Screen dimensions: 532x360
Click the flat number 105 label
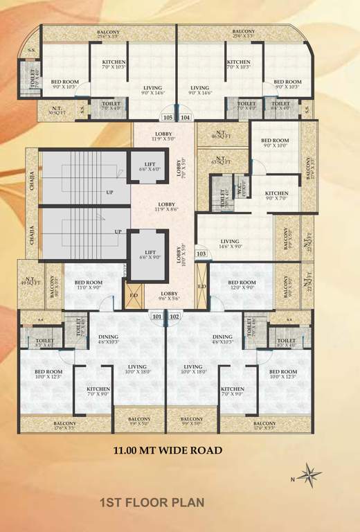(x=169, y=118)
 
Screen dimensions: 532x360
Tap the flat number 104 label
(x=185, y=118)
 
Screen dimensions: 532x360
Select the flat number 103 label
(x=202, y=254)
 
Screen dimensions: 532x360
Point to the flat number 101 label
(x=157, y=317)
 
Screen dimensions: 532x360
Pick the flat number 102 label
(x=174, y=317)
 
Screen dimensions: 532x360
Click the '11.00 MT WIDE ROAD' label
(x=168, y=450)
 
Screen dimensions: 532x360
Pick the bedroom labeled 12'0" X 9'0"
(x=242, y=285)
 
